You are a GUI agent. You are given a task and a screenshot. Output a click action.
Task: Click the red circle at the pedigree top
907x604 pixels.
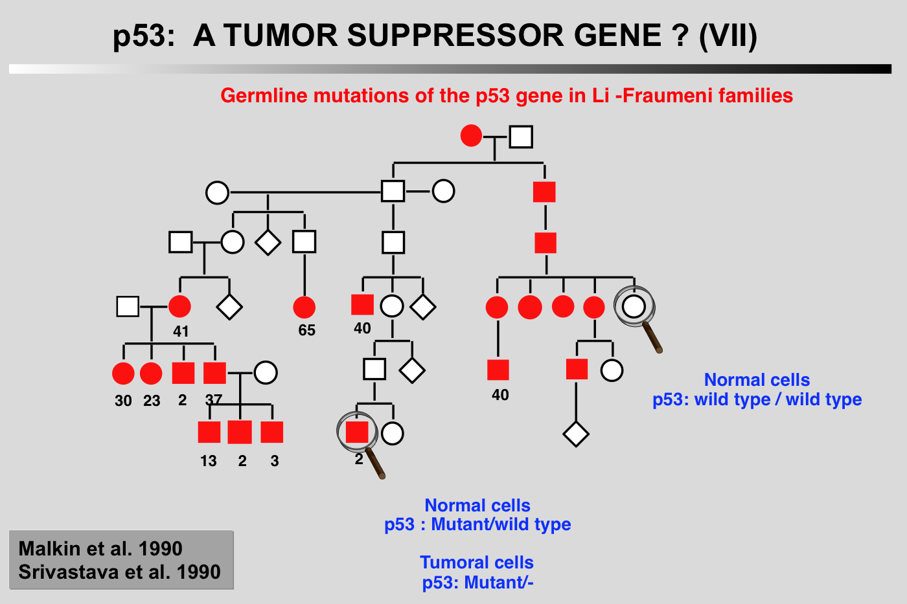(x=471, y=136)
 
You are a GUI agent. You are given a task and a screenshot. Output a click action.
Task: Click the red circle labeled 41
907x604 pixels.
(x=179, y=307)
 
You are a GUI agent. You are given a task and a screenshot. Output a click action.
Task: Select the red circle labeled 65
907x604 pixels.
(x=304, y=307)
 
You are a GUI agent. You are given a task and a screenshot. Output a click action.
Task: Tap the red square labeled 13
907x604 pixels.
(x=209, y=432)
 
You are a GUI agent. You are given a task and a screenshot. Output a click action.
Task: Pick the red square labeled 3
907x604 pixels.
(x=272, y=432)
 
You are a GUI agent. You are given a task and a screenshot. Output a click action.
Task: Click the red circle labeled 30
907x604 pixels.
(x=123, y=374)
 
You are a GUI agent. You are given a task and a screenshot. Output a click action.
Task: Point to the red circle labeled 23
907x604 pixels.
(x=151, y=374)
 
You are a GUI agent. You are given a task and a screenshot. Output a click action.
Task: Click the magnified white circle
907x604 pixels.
(x=634, y=306)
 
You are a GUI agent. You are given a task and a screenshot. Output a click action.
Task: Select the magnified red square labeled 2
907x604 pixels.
(x=357, y=432)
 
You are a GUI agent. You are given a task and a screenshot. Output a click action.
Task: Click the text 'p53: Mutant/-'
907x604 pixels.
(x=477, y=583)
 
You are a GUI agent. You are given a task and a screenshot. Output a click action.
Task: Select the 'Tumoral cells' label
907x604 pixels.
(x=477, y=563)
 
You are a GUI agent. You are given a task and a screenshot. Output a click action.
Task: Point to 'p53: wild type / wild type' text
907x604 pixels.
(x=757, y=399)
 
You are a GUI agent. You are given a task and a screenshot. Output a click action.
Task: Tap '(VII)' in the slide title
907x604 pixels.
(x=728, y=36)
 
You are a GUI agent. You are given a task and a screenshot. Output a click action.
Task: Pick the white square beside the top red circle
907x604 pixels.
(x=521, y=137)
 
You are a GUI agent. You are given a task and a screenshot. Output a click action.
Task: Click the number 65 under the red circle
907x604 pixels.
(x=306, y=331)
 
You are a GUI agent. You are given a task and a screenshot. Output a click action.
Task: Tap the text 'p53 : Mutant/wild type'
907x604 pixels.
(x=477, y=524)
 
